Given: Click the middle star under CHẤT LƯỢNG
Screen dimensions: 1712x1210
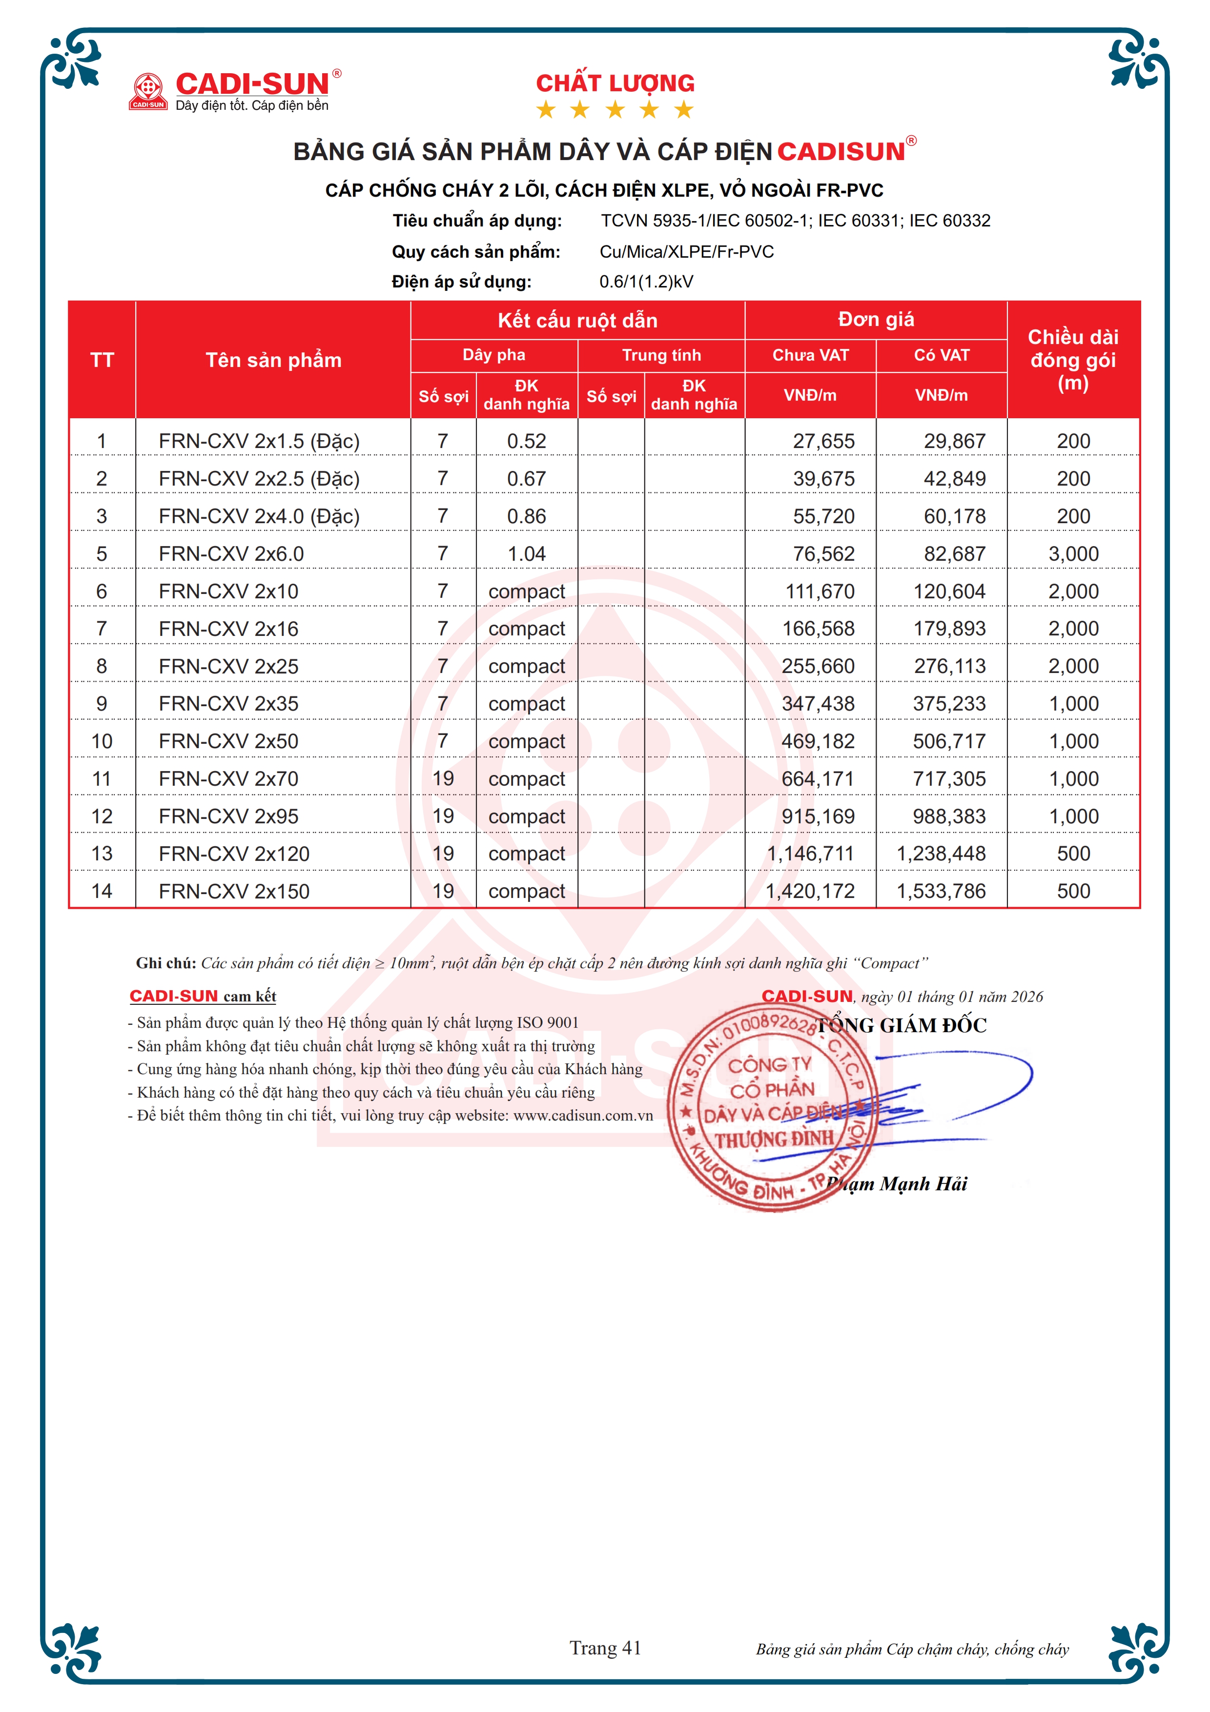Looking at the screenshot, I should click(615, 110).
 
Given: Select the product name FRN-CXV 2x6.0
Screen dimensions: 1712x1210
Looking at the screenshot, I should click(231, 554).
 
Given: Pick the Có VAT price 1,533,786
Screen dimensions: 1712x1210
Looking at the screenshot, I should click(941, 891).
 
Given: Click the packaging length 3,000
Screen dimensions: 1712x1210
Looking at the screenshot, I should click(1073, 554).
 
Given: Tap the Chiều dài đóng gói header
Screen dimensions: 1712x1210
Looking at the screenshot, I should click(1073, 360).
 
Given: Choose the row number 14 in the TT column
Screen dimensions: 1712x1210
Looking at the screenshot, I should click(102, 891).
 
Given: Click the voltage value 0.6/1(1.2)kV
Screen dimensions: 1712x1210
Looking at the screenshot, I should click(646, 282).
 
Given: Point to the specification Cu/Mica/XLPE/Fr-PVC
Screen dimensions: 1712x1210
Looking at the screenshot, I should click(687, 252).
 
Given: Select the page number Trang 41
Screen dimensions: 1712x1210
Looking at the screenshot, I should click(605, 1648).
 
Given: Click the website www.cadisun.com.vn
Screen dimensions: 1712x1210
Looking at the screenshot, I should click(583, 1116).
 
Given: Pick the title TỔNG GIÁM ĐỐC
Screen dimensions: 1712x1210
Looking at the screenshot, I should click(902, 1026).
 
